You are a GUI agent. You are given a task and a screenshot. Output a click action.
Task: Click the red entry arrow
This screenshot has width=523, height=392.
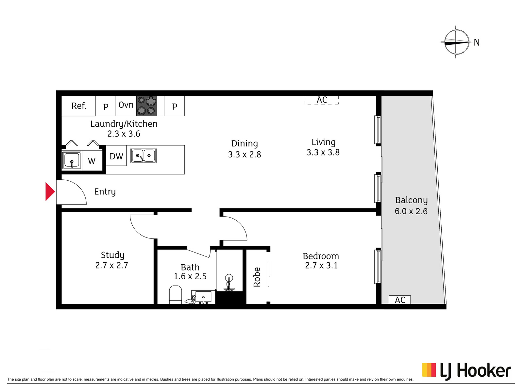50,192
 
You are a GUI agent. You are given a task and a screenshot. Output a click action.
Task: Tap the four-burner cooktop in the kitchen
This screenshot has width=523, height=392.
146,106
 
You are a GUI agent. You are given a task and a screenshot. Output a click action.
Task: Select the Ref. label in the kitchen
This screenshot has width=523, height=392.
79,106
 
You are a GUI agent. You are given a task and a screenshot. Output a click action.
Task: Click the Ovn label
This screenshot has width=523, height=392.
126,105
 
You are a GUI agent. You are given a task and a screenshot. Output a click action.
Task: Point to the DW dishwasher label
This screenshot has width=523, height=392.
116,156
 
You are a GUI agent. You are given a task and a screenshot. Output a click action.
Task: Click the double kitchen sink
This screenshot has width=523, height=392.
143,156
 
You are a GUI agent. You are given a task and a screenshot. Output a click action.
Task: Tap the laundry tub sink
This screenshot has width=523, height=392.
72,160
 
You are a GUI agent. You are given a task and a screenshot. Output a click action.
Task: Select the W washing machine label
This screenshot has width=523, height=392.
92,161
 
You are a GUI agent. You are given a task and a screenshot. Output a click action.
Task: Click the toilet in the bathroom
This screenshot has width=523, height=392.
175,295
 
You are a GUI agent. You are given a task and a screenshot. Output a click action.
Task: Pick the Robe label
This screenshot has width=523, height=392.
257,277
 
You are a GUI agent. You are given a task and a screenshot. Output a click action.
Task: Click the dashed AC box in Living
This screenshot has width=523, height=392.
322,100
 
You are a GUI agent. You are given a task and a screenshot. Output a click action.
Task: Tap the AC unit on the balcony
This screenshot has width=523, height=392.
400,300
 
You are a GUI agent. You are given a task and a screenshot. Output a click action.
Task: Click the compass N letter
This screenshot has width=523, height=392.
477,42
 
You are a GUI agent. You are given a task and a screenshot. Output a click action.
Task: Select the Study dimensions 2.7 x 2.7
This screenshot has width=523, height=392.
112,265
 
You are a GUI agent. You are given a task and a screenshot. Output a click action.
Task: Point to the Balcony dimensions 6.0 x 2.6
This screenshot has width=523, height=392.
411,211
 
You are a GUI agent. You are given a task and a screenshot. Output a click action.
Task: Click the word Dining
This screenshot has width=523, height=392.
245,144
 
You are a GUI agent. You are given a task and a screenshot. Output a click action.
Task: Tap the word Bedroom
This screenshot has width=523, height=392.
321,256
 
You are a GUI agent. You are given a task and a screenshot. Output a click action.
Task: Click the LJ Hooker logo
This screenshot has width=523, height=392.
466,372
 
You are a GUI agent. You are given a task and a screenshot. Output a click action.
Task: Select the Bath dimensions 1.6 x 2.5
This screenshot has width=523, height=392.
190,276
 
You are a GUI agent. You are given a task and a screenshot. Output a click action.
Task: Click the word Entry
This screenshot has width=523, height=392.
105,192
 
